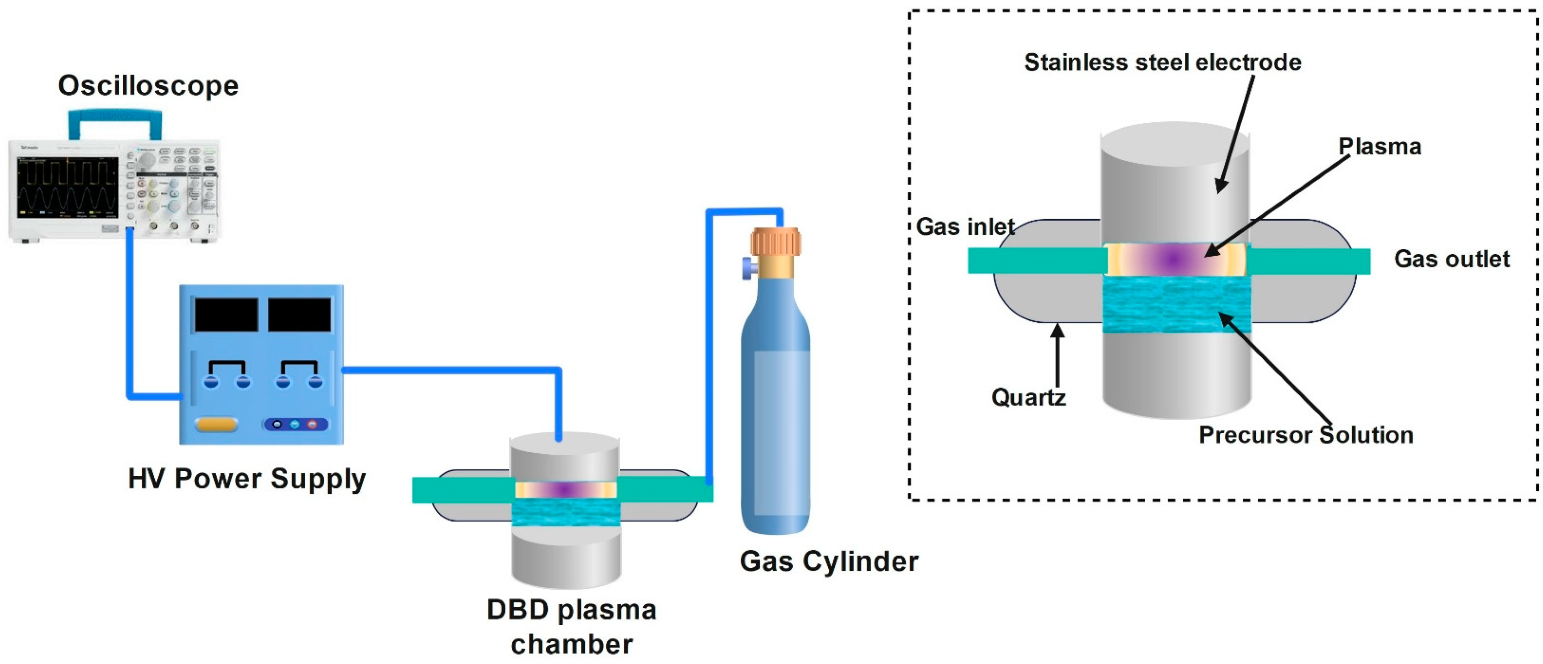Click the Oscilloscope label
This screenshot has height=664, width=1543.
pos(148,86)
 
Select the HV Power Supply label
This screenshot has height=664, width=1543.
pos(247,479)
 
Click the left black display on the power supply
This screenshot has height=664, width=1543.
pos(226,315)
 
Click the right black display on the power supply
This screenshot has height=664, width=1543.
pos(299,315)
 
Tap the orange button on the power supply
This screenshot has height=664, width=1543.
pos(216,424)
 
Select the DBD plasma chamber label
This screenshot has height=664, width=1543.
pos(572,627)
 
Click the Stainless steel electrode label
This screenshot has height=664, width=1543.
pos(1162,63)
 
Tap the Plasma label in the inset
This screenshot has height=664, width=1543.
pos(1379,147)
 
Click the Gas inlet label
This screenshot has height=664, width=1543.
pos(965,227)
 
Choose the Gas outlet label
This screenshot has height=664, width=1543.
pos(1451,259)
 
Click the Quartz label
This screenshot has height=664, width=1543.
pos(1028,397)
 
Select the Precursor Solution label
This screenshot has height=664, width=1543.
pos(1306,435)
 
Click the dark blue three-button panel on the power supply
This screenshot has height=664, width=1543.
pos(295,424)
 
